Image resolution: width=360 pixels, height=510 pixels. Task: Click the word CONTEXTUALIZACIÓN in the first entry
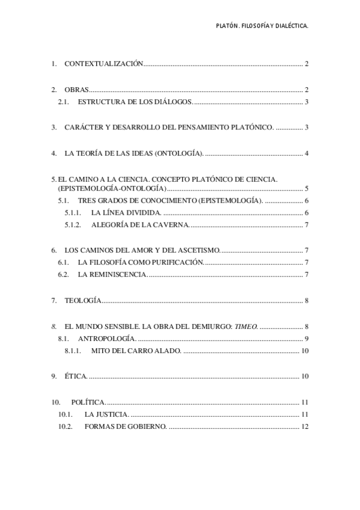pos(103,64)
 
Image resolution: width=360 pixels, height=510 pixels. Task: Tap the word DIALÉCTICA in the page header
pos(288,26)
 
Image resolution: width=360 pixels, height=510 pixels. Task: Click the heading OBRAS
pos(76,90)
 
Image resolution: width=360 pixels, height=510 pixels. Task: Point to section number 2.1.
pos(64,102)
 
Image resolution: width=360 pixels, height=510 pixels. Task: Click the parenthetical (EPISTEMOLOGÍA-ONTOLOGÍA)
pos(112,189)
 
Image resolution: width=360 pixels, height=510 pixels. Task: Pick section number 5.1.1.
pos(73,213)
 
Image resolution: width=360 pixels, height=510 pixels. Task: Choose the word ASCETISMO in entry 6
pos(200,250)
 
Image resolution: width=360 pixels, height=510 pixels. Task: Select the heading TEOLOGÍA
pos(82,300)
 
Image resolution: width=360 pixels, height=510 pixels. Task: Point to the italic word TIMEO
pos(243,326)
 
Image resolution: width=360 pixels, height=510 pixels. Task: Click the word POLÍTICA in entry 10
pos(88,402)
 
